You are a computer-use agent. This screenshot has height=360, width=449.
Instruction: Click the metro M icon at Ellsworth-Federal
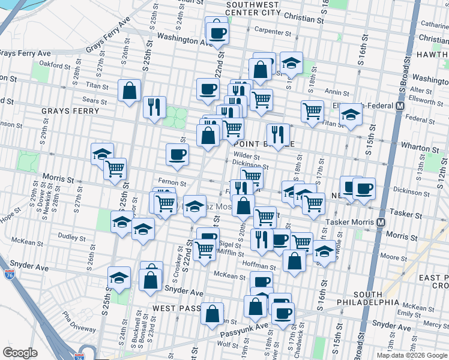(399, 106)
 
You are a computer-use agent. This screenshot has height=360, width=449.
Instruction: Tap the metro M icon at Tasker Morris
(381, 222)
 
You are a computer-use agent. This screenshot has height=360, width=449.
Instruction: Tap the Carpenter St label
(271, 30)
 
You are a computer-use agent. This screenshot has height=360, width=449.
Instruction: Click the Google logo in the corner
(20, 353)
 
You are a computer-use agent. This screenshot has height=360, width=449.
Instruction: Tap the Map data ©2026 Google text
(411, 355)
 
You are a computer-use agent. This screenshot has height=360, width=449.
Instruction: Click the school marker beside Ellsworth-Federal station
(351, 114)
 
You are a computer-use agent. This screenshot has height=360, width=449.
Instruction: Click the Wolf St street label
(229, 344)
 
